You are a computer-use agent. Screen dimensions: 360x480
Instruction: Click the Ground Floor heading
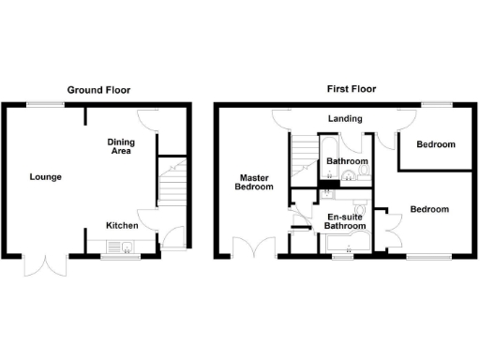coord(98,90)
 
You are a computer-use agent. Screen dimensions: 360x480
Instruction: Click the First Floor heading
coord(351,90)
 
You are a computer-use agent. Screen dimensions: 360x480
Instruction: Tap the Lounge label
coord(45,176)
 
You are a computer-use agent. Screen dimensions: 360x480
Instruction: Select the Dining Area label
coord(122,146)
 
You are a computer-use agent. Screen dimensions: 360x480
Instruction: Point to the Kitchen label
coord(122,226)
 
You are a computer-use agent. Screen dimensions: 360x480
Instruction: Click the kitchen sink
coord(119,247)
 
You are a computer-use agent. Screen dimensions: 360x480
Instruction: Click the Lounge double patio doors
coord(47,265)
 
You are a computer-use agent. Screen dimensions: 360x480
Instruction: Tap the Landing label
coord(344,119)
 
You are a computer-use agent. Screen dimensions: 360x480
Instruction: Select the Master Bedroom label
coord(255,181)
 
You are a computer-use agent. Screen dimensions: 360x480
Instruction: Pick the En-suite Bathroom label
coord(345,221)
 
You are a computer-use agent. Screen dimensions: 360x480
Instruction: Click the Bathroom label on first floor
coord(347,161)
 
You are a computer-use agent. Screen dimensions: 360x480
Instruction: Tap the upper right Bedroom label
coord(436,144)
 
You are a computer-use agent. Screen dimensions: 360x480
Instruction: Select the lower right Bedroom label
coord(428,209)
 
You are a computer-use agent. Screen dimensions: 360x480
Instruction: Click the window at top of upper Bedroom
coord(433,107)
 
